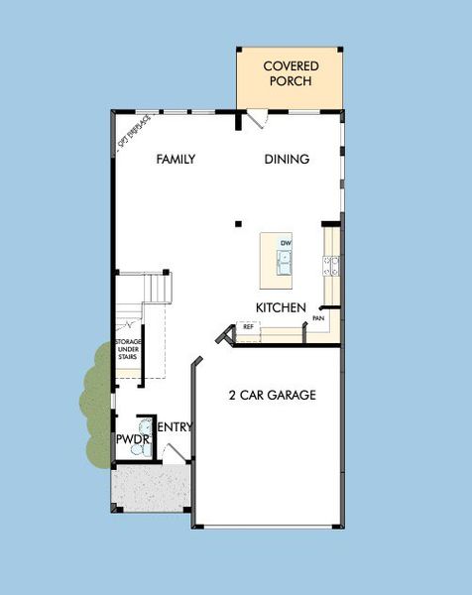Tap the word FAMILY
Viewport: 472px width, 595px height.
(175, 159)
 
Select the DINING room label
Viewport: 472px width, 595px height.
(288, 159)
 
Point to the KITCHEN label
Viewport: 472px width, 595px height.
(280, 307)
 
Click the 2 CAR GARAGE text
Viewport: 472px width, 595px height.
(271, 395)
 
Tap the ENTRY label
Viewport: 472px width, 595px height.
(175, 427)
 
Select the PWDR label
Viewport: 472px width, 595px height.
(132, 437)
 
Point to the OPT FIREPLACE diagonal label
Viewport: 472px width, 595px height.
(134, 132)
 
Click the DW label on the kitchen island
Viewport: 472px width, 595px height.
(285, 243)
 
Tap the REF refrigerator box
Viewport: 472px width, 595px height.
(247, 326)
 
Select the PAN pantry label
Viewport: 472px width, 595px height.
(319, 318)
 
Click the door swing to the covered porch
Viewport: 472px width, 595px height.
(257, 118)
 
